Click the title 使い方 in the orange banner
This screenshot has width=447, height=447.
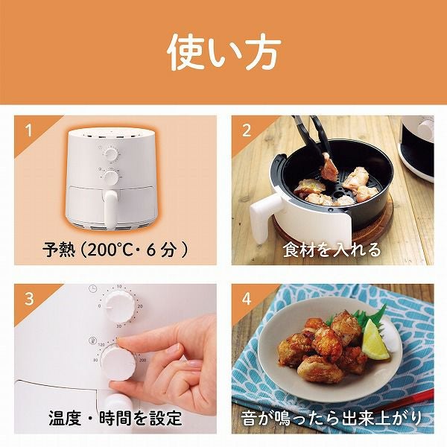(224, 53)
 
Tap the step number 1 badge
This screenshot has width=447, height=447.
(28, 130)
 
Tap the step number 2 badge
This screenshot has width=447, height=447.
(247, 130)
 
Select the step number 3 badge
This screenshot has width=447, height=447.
(29, 299)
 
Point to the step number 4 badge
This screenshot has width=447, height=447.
(247, 299)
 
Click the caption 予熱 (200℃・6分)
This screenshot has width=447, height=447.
(115, 250)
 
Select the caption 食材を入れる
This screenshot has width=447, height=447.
(332, 250)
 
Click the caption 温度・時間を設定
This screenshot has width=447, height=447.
(115, 418)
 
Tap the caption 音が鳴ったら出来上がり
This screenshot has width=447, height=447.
(332, 418)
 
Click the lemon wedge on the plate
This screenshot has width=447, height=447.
(374, 340)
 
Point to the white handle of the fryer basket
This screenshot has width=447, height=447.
(265, 216)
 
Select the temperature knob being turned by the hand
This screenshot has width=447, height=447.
(118, 361)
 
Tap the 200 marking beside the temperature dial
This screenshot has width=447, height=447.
(142, 361)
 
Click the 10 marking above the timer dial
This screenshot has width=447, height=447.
(119, 287)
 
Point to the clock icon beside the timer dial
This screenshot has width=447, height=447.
(92, 289)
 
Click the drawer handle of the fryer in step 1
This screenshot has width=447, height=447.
(110, 209)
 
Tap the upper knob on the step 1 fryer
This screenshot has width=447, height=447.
(110, 154)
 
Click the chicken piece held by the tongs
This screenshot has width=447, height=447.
(329, 164)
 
